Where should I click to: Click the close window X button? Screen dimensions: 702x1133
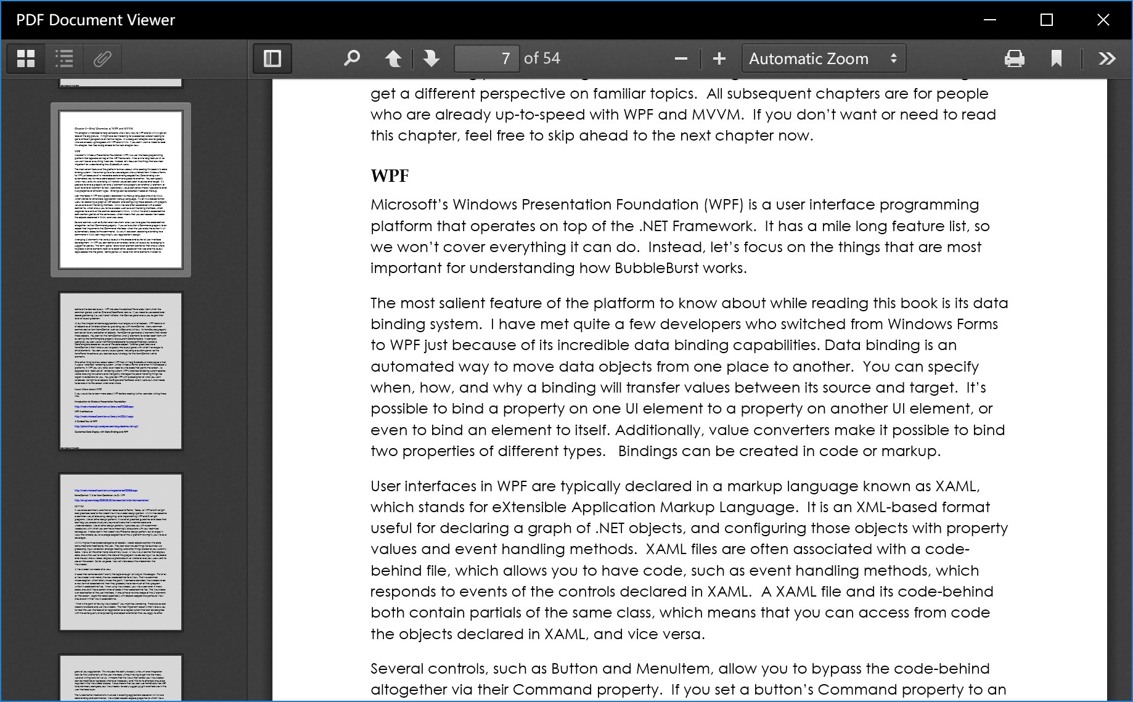pyautogui.click(x=1103, y=20)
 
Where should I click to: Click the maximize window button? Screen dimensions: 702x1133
pyautogui.click(x=1046, y=20)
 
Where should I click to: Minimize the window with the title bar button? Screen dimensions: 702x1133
pyautogui.click(x=990, y=20)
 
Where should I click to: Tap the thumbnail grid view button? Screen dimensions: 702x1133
pyautogui.click(x=26, y=59)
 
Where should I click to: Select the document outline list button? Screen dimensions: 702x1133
pyautogui.click(x=64, y=59)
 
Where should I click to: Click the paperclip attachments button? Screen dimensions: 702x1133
pyautogui.click(x=102, y=59)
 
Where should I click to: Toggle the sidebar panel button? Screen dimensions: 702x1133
pyautogui.click(x=272, y=59)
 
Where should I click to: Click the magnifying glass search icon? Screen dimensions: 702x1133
pyautogui.click(x=351, y=59)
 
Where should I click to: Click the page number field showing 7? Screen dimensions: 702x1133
pyautogui.click(x=486, y=59)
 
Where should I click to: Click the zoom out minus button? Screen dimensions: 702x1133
pyautogui.click(x=681, y=59)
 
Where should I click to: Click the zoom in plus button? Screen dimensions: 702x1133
pyautogui.click(x=719, y=59)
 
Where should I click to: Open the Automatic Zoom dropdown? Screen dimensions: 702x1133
pyautogui.click(x=823, y=59)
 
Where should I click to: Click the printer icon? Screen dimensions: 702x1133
pyautogui.click(x=1014, y=59)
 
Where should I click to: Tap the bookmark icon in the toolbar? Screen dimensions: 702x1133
pyautogui.click(x=1056, y=59)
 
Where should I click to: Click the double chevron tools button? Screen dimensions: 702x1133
pyautogui.click(x=1107, y=59)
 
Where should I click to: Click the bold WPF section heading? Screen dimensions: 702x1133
pyautogui.click(x=390, y=176)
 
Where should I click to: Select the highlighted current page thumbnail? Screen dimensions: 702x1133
pyautogui.click(x=121, y=189)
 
